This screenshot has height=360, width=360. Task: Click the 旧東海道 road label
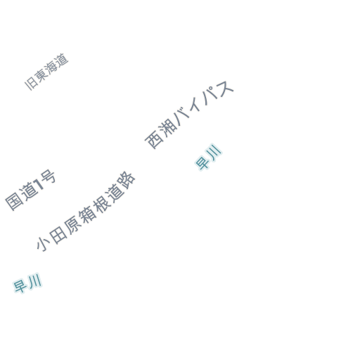pyautogui.click(x=46, y=72)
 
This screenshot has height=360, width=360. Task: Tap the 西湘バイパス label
pyautogui.click(x=189, y=115)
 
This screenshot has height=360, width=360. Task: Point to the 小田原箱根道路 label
pyautogui.click(x=86, y=212)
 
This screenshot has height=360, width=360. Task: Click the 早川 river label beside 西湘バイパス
pyautogui.click(x=208, y=157)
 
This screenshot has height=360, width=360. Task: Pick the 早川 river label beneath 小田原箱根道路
pyautogui.click(x=27, y=283)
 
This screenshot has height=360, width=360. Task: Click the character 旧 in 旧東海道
pyautogui.click(x=30, y=84)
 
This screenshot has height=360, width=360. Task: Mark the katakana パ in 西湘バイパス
pyautogui.click(x=210, y=98)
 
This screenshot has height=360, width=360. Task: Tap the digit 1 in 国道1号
pyautogui.click(x=39, y=184)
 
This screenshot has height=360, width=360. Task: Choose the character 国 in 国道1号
pyautogui.click(x=13, y=202)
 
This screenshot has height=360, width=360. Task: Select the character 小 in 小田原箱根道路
pyautogui.click(x=43, y=244)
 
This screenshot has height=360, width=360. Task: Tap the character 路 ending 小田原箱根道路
pyautogui.click(x=127, y=181)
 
